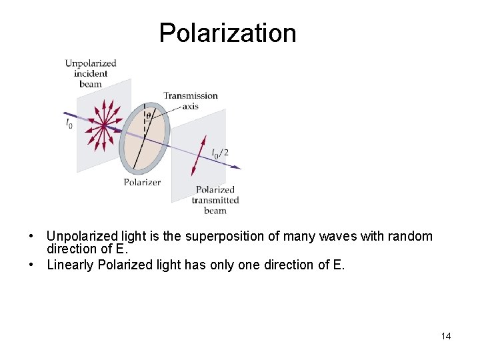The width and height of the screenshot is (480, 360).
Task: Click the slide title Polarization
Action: (227, 33)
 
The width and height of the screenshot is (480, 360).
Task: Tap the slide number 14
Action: (445, 336)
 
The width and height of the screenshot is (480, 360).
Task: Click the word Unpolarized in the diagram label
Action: (91, 63)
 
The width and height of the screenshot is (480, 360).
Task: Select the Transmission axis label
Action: (191, 100)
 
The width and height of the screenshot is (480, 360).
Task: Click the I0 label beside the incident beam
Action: (69, 123)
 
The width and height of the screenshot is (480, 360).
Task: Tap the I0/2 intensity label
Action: (220, 153)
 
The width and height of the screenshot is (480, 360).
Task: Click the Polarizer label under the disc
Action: (142, 182)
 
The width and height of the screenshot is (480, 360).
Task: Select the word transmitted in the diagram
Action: (215, 200)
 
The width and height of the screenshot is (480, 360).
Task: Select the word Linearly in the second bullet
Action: (69, 265)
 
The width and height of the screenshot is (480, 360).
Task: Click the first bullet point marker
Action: (31, 237)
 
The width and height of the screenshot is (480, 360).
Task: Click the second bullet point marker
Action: (31, 265)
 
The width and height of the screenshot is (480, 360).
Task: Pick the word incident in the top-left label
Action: (91, 74)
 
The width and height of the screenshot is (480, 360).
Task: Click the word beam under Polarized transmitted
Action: (215, 211)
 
